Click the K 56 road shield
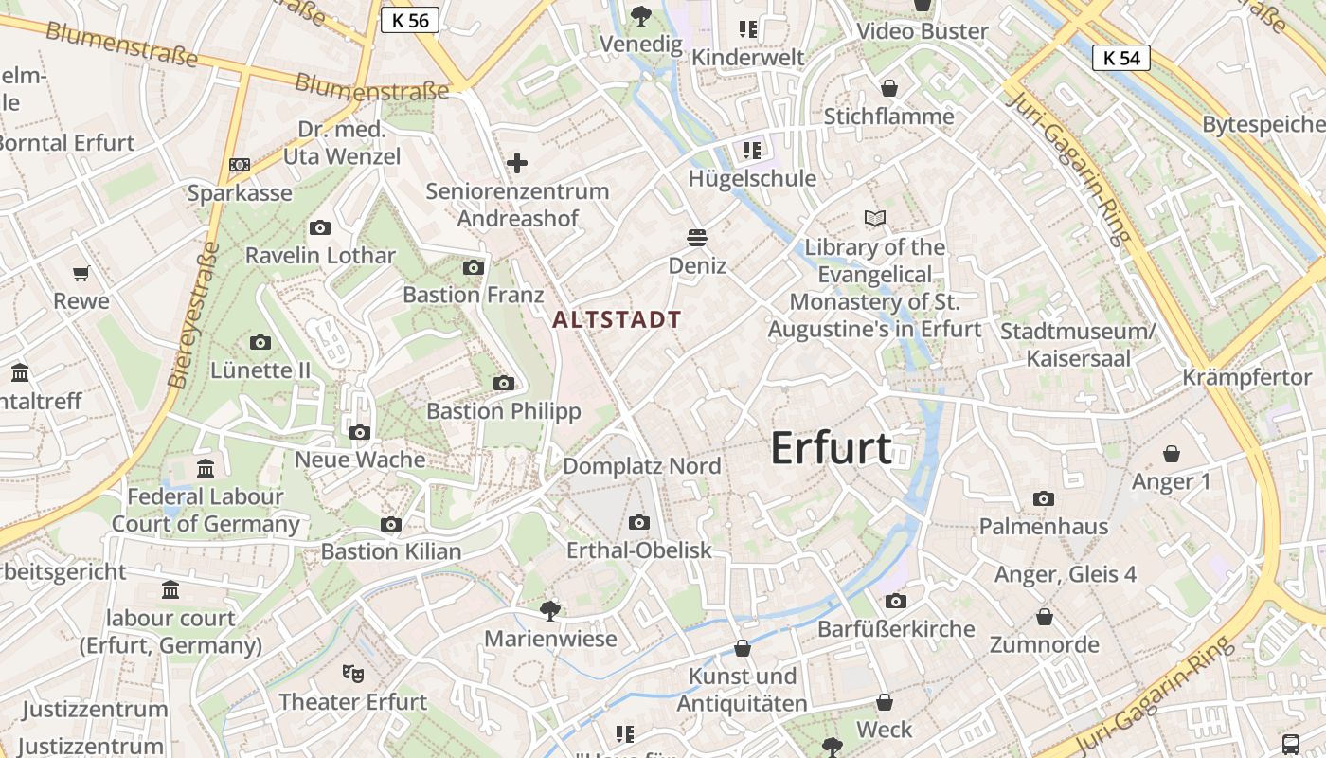pos(410,20)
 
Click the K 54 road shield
pos(1121,58)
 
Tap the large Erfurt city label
pos(831,448)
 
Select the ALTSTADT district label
pos(617,319)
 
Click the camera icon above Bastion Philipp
pos(504,384)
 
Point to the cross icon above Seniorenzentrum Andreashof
pos(517,163)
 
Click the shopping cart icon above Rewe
pos(81,273)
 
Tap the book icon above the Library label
pos(875,219)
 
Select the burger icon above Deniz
pos(697,237)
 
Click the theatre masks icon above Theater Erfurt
pos(353,674)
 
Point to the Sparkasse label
pos(240,193)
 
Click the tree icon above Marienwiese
pos(549,610)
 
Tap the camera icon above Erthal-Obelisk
pos(639,522)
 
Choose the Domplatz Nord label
pos(641,466)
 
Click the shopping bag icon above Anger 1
pos(1172,454)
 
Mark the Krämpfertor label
pos(1246,377)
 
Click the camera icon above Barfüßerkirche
pos(895,601)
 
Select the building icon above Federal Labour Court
pos(206,468)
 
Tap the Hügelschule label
pos(752,178)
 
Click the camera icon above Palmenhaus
pos(1044,498)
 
